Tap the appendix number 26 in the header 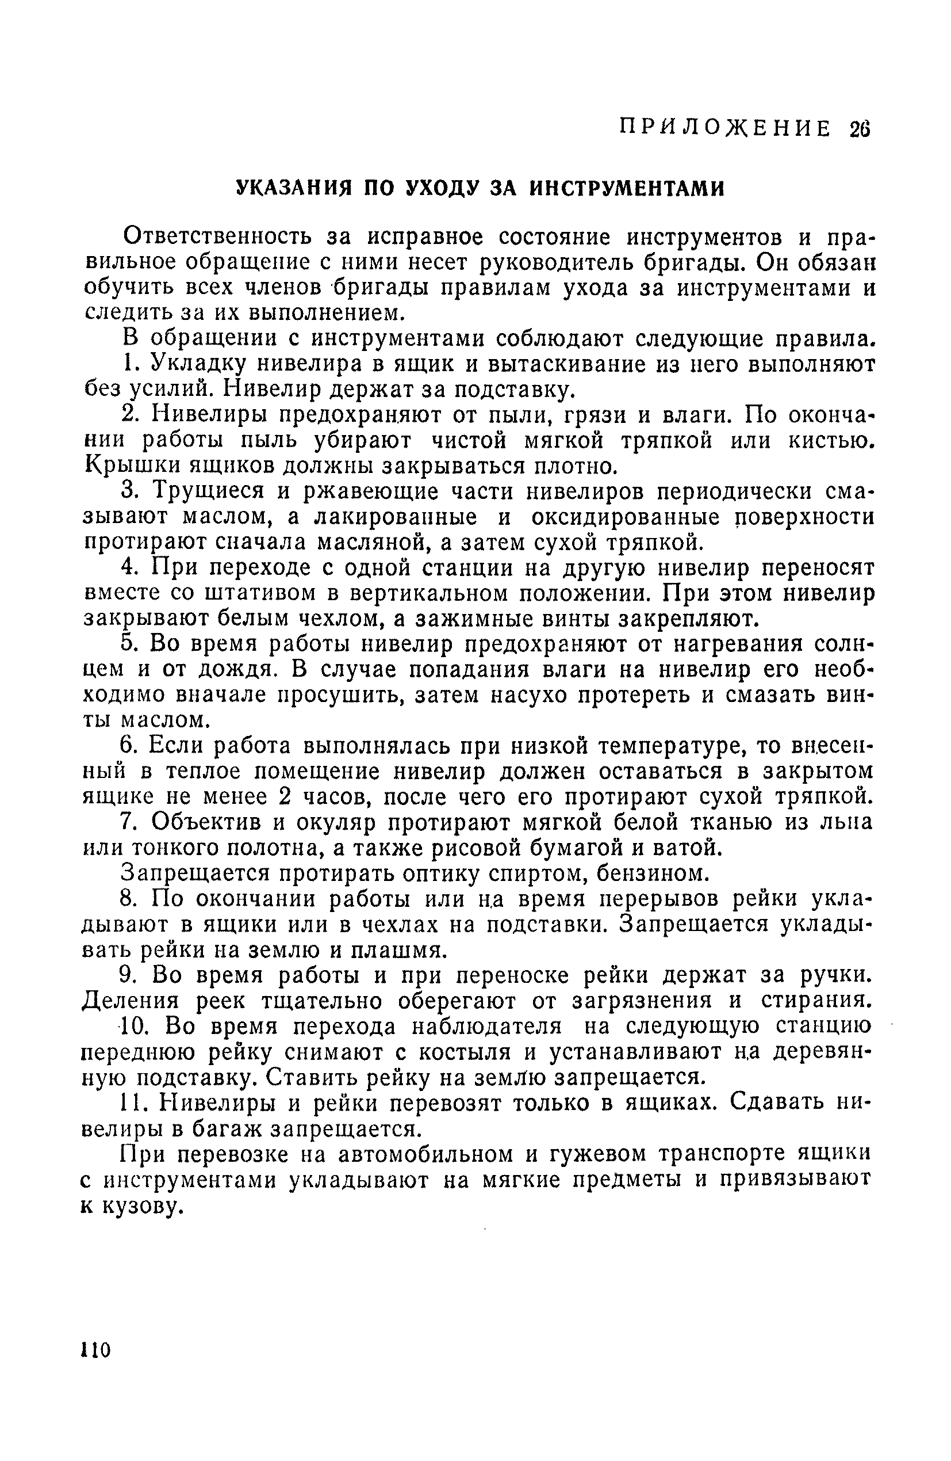[860, 128]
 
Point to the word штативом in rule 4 [243, 594]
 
